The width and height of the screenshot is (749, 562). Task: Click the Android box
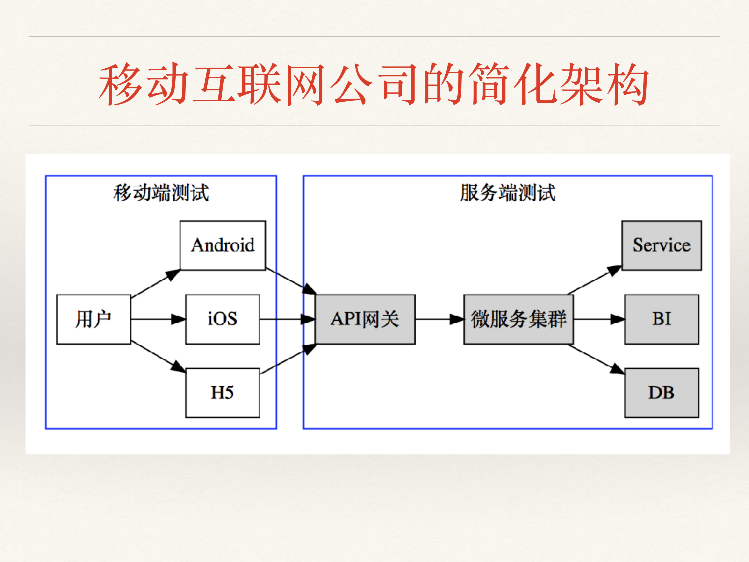223,245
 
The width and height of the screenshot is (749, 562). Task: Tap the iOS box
223,319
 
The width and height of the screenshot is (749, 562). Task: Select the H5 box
223,393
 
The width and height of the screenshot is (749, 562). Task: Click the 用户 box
94,319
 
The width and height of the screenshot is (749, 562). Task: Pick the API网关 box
365,319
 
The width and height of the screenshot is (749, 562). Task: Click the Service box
661,245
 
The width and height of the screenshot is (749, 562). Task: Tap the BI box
661,319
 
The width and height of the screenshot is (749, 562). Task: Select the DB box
661,393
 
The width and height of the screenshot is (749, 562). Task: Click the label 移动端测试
161,193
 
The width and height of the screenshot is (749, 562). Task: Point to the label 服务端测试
507,193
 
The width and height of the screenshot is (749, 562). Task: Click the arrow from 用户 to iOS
158,319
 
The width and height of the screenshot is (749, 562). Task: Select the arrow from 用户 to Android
155,284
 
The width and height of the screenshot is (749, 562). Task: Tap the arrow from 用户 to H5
157,356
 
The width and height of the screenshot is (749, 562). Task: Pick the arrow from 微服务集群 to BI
599,319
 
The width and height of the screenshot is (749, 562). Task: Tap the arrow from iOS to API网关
287,319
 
